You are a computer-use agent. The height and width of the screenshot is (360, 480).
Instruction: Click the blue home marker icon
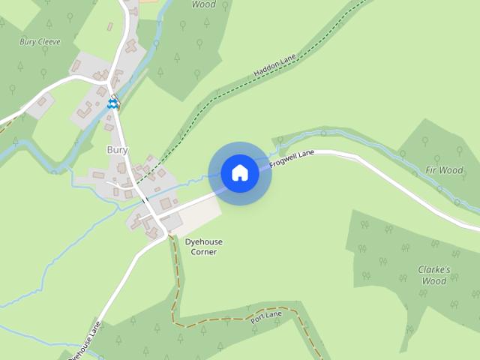tap(240, 172)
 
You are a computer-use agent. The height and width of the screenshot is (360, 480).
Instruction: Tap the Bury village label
tap(118, 150)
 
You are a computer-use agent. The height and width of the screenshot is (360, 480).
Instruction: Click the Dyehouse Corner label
tap(203, 247)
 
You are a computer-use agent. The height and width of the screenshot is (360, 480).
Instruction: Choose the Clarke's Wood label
tap(433, 275)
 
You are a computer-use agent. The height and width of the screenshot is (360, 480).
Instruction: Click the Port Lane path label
tap(265, 317)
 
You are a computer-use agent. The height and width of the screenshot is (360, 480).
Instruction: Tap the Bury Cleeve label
tap(40, 42)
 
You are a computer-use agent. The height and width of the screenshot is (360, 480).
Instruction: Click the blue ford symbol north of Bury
tap(112, 104)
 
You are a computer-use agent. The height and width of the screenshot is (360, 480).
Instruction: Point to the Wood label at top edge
tap(203, 4)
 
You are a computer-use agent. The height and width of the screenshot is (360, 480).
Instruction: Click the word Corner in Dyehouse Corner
tap(203, 252)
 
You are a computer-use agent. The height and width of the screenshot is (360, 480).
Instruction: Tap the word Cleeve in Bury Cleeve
tap(49, 42)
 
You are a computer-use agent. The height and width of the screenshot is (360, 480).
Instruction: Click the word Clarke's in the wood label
tap(433, 269)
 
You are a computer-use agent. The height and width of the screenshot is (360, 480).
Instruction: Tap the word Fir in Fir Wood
tap(431, 170)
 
